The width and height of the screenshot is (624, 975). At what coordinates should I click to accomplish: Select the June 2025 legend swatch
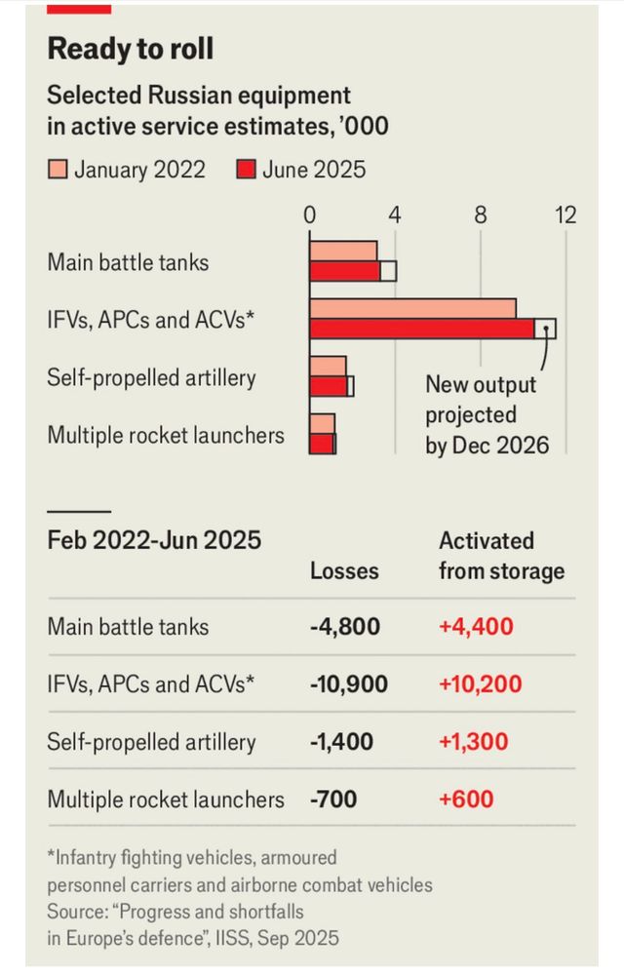coord(246,170)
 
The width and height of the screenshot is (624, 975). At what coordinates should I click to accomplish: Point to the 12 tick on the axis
coord(565,214)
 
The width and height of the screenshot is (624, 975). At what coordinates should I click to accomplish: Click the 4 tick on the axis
coord(395,214)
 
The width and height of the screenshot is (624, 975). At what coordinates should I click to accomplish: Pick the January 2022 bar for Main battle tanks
coord(343,251)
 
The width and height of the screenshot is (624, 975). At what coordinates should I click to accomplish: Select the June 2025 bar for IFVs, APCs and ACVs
coord(422,329)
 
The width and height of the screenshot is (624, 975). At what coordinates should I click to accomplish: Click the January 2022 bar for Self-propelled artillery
coord(328,366)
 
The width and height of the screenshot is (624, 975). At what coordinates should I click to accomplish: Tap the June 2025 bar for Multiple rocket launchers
coord(322,444)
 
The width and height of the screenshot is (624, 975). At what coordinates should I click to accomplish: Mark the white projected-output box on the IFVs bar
coord(545,329)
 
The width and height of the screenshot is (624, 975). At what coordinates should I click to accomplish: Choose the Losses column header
coord(344,571)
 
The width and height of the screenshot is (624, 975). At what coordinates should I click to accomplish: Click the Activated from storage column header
coord(501,556)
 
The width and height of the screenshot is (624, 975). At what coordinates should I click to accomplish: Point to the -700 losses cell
coord(333,800)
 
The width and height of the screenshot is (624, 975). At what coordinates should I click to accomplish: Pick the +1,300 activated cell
coord(474,742)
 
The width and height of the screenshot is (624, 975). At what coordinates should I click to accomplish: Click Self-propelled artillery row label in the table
coord(151,742)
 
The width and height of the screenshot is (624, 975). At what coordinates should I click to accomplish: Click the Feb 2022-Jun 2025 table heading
coord(154,540)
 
